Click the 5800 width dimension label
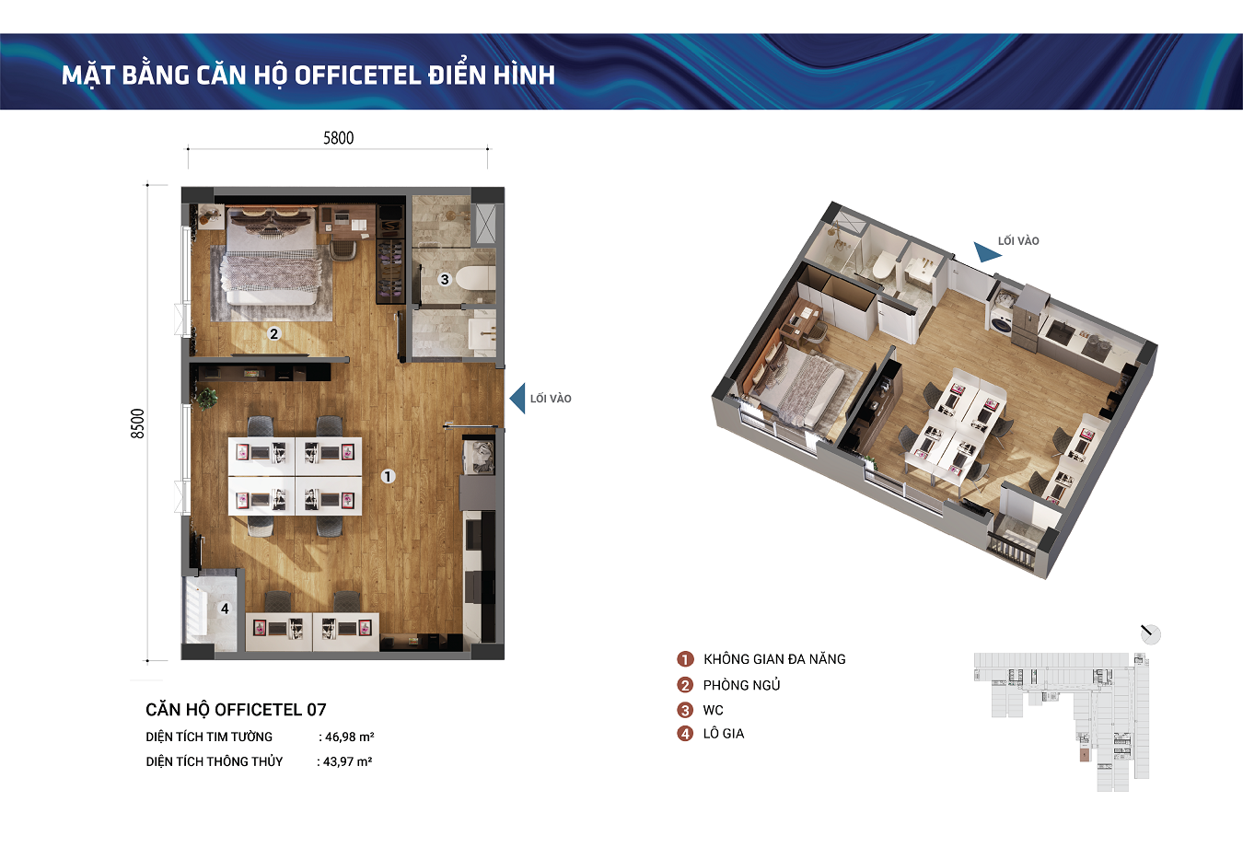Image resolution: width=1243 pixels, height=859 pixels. point(338,138)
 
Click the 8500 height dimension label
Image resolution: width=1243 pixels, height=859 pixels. point(137,424)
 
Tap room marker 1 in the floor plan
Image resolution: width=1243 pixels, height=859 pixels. point(388,476)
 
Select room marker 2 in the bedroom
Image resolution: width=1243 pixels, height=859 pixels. point(273,334)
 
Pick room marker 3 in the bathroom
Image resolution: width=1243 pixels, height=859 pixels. point(445,279)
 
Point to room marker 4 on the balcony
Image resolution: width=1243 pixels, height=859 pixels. point(225,609)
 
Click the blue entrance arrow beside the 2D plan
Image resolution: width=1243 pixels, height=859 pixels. point(517,398)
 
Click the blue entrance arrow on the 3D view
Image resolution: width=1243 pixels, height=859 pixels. point(987,252)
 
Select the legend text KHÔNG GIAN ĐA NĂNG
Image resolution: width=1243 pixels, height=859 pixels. point(774,659)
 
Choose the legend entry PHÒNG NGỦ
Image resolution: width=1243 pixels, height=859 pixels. point(741,685)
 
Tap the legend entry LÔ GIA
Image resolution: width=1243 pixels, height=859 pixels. point(724,734)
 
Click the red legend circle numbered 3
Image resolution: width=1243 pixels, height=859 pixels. point(685,710)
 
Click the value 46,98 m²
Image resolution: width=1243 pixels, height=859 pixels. point(350,737)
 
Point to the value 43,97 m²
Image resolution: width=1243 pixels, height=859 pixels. point(347,761)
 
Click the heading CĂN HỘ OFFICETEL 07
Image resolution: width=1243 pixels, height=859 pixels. point(236,710)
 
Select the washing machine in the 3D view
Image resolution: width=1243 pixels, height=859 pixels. point(1002,322)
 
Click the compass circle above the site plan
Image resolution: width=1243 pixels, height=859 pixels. point(1151,634)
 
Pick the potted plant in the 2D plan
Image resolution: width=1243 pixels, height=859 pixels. point(206,398)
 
